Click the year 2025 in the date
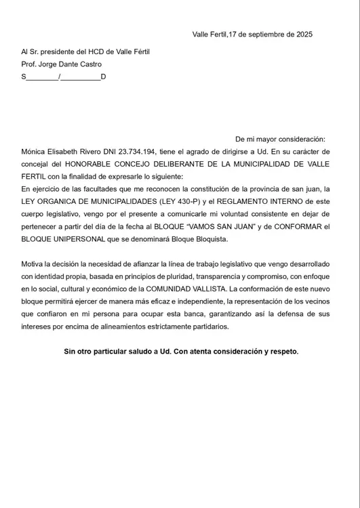pyautogui.click(x=302, y=35)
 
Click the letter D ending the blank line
pyautogui.click(x=103, y=77)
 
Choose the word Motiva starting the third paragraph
pyautogui.click(x=34, y=264)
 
